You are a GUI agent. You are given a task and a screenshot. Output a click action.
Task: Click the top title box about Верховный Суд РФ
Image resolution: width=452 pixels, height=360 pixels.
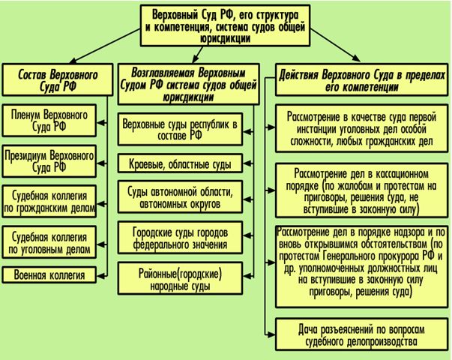(226, 25)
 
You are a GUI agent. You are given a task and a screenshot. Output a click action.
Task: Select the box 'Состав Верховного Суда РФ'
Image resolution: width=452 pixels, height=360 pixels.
(58, 79)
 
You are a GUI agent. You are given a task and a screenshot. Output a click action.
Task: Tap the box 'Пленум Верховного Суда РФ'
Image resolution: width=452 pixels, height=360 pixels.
(49, 121)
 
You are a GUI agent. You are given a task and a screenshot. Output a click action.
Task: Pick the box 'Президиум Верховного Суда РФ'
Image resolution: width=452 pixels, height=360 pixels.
(49, 161)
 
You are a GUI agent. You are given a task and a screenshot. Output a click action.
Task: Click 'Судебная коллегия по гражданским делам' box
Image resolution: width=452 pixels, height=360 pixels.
(49, 202)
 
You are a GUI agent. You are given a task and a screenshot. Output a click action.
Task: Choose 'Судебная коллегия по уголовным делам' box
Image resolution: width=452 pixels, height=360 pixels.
(49, 242)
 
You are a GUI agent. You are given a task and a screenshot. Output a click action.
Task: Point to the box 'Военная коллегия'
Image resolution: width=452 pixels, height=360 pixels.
(49, 275)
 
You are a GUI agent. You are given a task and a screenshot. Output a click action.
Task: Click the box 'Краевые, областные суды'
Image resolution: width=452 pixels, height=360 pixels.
(180, 163)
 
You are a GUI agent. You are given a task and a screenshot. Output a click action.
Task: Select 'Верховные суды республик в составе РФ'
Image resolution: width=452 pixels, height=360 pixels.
(180, 129)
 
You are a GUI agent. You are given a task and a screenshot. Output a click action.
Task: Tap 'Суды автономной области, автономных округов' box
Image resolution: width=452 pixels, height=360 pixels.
(180, 197)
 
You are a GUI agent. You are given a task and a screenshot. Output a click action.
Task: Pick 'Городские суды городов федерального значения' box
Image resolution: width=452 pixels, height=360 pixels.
(180, 238)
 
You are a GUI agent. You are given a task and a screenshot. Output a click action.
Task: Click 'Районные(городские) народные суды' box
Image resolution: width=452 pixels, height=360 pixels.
(180, 278)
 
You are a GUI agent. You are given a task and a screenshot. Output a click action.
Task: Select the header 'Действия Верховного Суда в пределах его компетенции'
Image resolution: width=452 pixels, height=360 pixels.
(362, 79)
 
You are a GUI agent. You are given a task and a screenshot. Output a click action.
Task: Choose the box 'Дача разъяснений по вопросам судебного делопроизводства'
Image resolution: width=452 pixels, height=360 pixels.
(362, 334)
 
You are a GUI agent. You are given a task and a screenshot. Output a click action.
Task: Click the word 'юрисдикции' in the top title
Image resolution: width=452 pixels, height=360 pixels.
(226, 39)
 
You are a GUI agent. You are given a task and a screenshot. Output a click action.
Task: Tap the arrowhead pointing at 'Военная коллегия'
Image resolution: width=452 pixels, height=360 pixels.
(100, 275)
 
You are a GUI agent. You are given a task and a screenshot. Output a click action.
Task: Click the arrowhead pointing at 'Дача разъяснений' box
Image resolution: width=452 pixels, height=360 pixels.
(271, 334)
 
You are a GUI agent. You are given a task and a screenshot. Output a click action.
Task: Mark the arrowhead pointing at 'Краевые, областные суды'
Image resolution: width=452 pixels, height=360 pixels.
(247, 163)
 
